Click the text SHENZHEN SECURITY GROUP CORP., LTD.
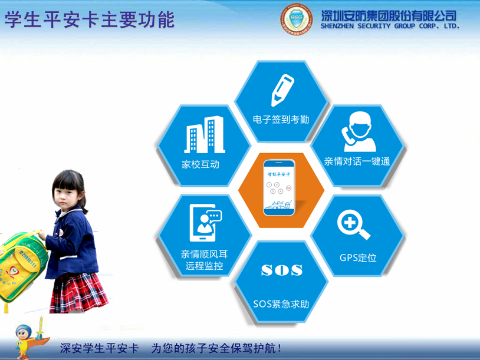390,27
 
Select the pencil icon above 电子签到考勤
281,89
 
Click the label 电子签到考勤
281,120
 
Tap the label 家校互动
200,164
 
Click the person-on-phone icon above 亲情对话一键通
358,131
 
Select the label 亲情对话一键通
357,161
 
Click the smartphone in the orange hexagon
280,186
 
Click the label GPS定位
358,257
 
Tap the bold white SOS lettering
281,270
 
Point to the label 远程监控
204,266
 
